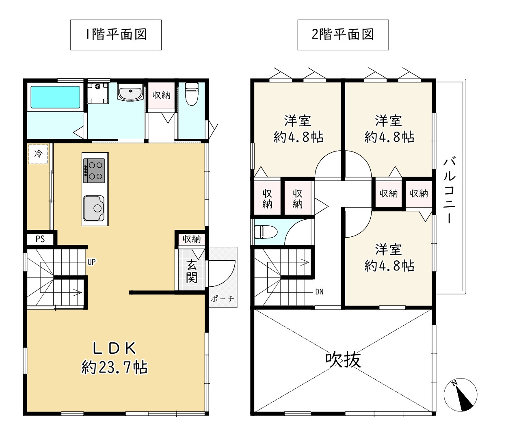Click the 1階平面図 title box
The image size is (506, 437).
point(116,35)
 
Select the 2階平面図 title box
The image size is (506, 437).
point(343,35)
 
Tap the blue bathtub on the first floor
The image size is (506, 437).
point(55,97)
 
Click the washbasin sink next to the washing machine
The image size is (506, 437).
point(130,91)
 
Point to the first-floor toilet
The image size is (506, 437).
point(192,94)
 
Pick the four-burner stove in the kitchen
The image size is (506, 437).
point(94,171)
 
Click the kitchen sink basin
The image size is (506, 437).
point(94,208)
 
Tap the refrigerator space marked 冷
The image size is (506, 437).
point(38,154)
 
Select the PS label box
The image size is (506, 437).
point(40,239)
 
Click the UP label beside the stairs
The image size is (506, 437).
point(91,262)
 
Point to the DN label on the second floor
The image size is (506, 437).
point(320,292)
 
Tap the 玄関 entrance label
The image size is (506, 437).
point(191,272)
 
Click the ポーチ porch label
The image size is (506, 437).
point(222,299)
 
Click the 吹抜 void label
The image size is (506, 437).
point(343,360)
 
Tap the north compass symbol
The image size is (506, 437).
point(461,395)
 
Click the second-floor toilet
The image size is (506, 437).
point(266,232)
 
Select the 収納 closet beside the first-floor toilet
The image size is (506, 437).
point(161,95)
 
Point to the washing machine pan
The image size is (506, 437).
point(98,93)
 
